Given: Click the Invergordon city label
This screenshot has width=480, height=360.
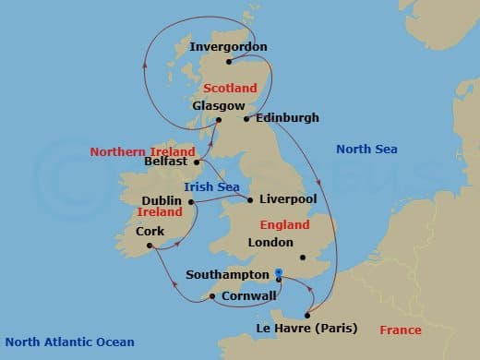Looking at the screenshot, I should pyautogui.click(x=227, y=46).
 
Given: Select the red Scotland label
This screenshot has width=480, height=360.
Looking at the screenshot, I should pyautogui.click(x=230, y=88).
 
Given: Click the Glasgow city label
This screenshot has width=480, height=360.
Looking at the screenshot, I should pyautogui.click(x=212, y=105).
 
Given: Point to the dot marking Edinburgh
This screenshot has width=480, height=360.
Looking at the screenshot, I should pyautogui.click(x=246, y=118).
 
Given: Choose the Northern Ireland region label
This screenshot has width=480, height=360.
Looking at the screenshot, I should pyautogui.click(x=142, y=151).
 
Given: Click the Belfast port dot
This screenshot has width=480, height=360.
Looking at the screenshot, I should pyautogui.click(x=197, y=162).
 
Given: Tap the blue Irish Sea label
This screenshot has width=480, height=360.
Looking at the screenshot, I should pyautogui.click(x=211, y=186).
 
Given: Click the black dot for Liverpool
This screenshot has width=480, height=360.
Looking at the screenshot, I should pyautogui.click(x=249, y=199).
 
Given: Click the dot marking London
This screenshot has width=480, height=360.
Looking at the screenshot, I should pyautogui.click(x=302, y=257).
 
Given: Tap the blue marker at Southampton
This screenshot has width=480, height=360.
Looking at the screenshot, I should pyautogui.click(x=279, y=273).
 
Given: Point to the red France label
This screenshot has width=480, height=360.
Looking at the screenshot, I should pyautogui.click(x=400, y=330).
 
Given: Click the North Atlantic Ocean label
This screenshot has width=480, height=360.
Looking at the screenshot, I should pyautogui.click(x=69, y=341).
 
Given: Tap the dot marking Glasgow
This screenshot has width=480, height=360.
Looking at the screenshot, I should pyautogui.click(x=219, y=119).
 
